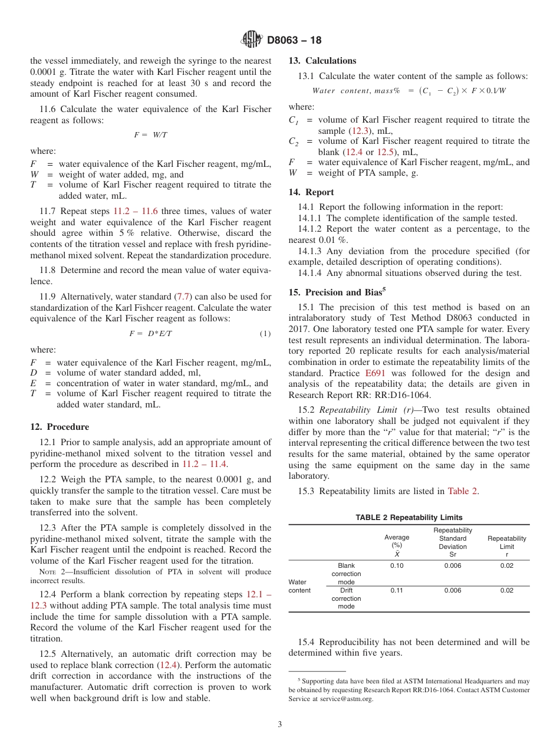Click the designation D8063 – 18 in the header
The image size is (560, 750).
[294, 41]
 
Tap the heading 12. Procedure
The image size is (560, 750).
[60, 427]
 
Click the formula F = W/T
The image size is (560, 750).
[150, 135]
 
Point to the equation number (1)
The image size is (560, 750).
[265, 334]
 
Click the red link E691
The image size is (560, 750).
[375, 373]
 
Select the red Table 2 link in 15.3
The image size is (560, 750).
[463, 491]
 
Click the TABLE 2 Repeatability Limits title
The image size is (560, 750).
[409, 518]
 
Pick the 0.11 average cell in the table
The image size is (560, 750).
[397, 591]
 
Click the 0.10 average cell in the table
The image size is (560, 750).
[397, 566]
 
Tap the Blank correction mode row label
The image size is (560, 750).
[346, 574]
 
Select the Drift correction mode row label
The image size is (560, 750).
[346, 598]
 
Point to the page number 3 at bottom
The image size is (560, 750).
[279, 724]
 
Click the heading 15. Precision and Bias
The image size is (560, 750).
[334, 292]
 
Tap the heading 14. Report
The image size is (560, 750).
[311, 192]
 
